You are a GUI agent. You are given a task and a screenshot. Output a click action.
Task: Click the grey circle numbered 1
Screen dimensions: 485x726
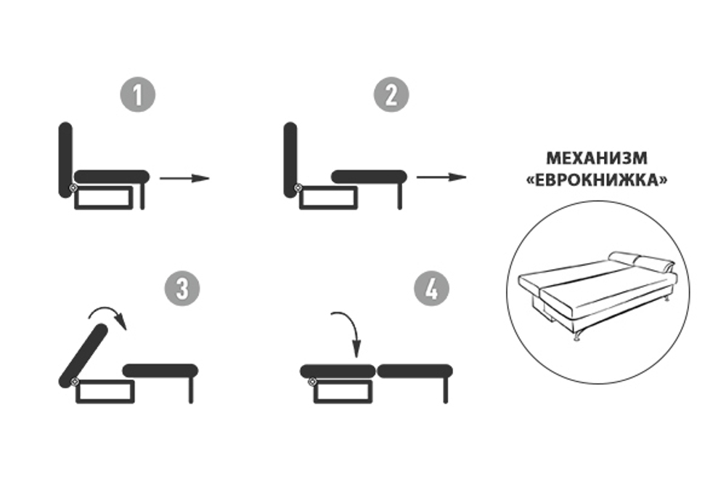click(x=138, y=95)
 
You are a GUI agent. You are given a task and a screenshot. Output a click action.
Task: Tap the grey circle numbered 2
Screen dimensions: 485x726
click(x=391, y=95)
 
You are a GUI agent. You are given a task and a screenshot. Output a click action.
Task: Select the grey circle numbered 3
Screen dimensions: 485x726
click(x=181, y=289)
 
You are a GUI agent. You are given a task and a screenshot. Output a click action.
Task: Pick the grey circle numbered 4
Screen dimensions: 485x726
click(x=431, y=289)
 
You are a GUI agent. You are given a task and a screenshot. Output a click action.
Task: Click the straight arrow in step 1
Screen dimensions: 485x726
click(x=184, y=177)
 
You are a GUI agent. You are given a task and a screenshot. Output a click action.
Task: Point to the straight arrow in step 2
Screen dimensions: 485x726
click(x=441, y=177)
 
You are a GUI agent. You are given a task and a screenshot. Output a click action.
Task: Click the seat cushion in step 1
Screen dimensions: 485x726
click(x=112, y=176)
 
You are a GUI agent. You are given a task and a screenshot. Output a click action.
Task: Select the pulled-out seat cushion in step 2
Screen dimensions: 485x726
click(x=368, y=176)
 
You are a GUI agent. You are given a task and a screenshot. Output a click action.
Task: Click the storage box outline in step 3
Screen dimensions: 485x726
click(x=105, y=391)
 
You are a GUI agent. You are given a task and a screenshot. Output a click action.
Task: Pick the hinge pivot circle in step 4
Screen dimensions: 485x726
click(x=311, y=381)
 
